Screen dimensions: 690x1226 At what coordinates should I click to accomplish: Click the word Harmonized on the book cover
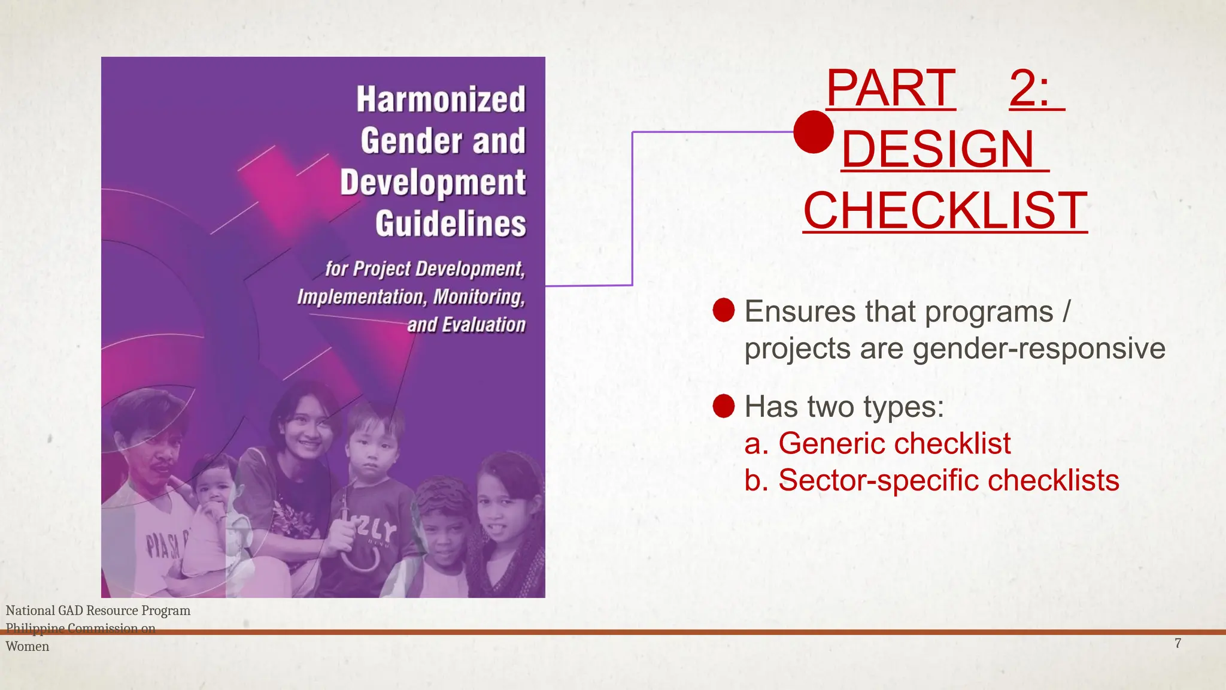click(441, 99)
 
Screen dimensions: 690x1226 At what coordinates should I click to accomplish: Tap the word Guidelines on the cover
click(450, 224)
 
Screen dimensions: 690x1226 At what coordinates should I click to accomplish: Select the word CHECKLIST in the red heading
click(945, 210)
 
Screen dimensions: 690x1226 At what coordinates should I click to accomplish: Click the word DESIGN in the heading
click(938, 149)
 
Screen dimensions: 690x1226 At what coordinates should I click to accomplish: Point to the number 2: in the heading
click(1030, 88)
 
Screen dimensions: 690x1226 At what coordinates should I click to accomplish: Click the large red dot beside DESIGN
click(814, 132)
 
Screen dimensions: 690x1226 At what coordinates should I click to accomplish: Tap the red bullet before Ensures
click(724, 310)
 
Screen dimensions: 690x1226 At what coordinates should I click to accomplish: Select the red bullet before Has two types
click(724, 406)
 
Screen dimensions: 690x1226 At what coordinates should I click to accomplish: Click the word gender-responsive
click(1039, 349)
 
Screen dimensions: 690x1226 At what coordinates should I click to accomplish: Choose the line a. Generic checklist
click(877, 444)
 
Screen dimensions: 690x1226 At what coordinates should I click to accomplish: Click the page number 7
click(1178, 643)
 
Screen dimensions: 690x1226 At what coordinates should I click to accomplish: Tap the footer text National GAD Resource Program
click(98, 610)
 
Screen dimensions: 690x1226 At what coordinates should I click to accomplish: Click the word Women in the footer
click(28, 646)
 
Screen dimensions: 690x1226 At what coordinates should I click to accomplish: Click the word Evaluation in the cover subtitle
click(483, 325)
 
